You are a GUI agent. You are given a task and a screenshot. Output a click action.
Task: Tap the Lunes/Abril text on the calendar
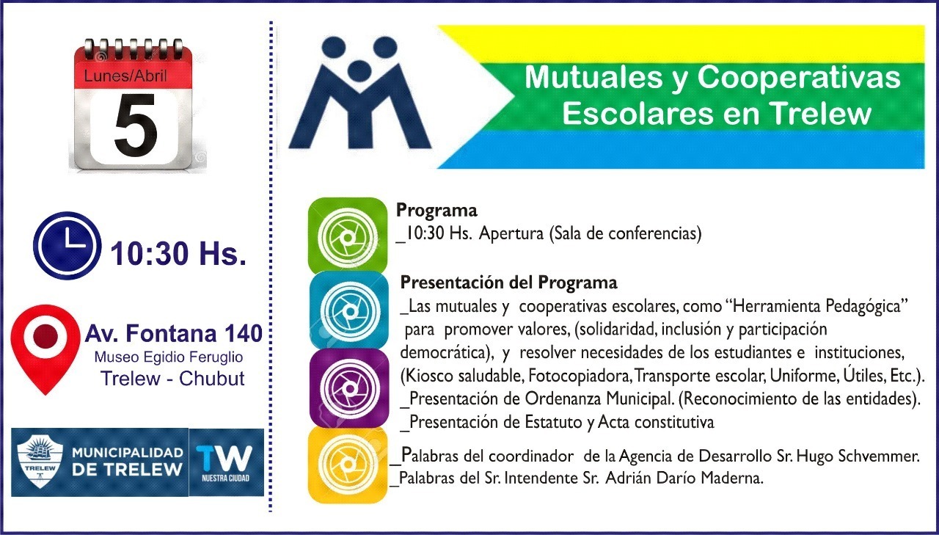pos(125,75)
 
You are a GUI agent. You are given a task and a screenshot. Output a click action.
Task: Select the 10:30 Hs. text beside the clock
pos(178,254)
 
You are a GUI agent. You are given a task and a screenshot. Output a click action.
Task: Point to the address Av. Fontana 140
pos(174,333)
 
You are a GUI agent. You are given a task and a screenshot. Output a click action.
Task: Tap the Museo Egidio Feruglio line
pos(169,357)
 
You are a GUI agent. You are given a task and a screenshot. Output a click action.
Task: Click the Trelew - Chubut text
pos(172,379)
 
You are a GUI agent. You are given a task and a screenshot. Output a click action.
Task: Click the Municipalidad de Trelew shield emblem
pos(40,461)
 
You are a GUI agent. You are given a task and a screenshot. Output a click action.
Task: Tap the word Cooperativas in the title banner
pos(799,77)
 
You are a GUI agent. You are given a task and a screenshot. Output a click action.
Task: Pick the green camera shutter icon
pos(347,236)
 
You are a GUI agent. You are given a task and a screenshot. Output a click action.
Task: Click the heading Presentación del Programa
pos(508,283)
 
